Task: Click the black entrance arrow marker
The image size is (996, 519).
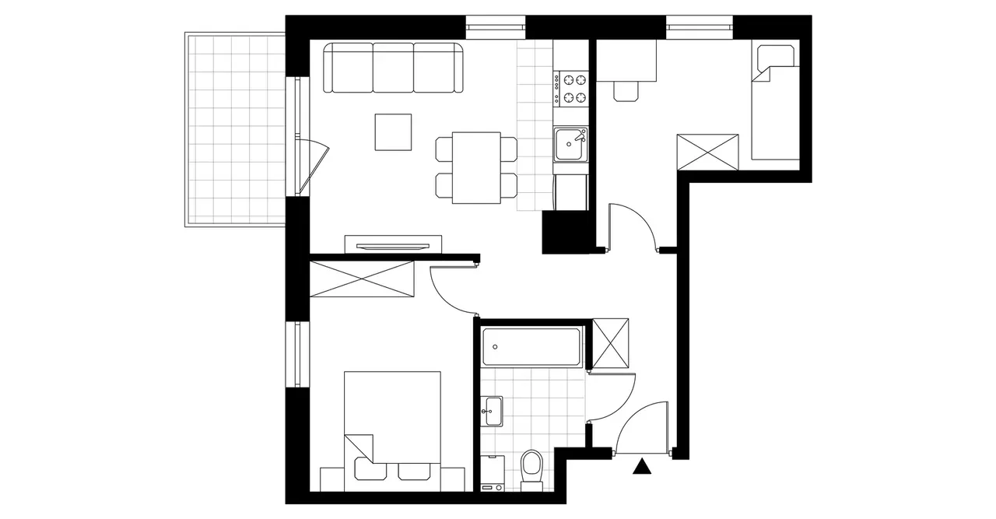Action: [642, 467]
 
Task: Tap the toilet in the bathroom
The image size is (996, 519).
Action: [531, 469]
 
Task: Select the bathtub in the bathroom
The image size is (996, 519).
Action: [531, 346]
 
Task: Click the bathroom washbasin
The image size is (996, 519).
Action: [492, 411]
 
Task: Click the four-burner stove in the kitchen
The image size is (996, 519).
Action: [572, 88]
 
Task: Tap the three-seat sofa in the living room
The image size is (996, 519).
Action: [393, 68]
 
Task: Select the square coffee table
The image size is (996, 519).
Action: [393, 132]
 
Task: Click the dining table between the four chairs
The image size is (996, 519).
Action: [476, 167]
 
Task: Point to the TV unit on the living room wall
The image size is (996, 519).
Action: [393, 244]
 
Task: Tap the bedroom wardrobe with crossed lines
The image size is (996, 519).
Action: [361, 279]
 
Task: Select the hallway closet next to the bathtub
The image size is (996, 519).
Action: [610, 343]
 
